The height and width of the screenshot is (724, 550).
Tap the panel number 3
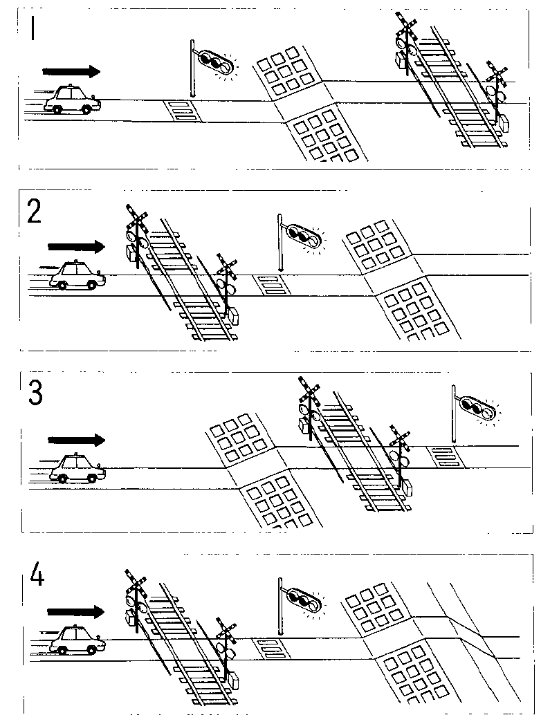pyautogui.click(x=35, y=393)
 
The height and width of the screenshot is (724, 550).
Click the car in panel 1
pyautogui.click(x=72, y=100)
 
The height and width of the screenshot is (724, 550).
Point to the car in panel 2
pyautogui.click(x=77, y=275)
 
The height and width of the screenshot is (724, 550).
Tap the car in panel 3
pyautogui.click(x=77, y=468)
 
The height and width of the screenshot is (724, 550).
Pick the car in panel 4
pyautogui.click(x=78, y=640)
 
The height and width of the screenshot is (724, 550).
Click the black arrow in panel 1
pyautogui.click(x=71, y=71)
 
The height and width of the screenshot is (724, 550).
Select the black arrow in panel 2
pyautogui.click(x=76, y=246)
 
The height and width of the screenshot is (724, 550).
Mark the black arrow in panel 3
pyautogui.click(x=76, y=440)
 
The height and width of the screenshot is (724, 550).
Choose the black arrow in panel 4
pyautogui.click(x=76, y=611)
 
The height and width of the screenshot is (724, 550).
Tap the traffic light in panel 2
pyautogui.click(x=302, y=236)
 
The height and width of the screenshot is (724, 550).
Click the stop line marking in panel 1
pyautogui.click(x=181, y=111)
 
